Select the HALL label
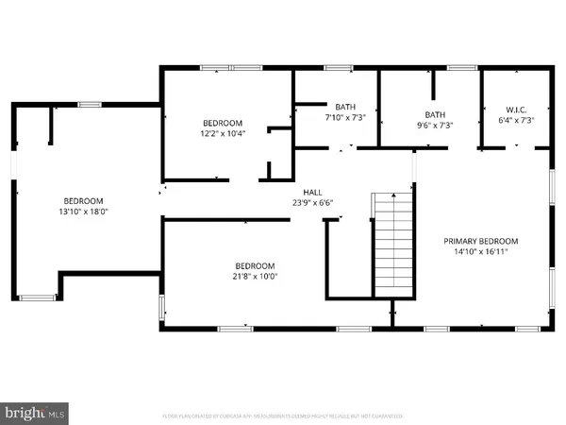tap(311, 190)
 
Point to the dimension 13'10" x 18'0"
tap(84, 212)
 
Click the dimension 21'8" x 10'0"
tap(255, 277)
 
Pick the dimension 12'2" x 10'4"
tap(224, 134)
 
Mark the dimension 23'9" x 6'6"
tap(311, 201)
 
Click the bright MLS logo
tap(36, 413)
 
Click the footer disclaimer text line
tap(283, 416)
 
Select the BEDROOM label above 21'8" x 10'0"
tap(255, 265)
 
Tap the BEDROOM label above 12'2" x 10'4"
tap(224, 123)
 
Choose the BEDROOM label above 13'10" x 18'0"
tap(84, 200)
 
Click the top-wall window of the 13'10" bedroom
tap(90, 105)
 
